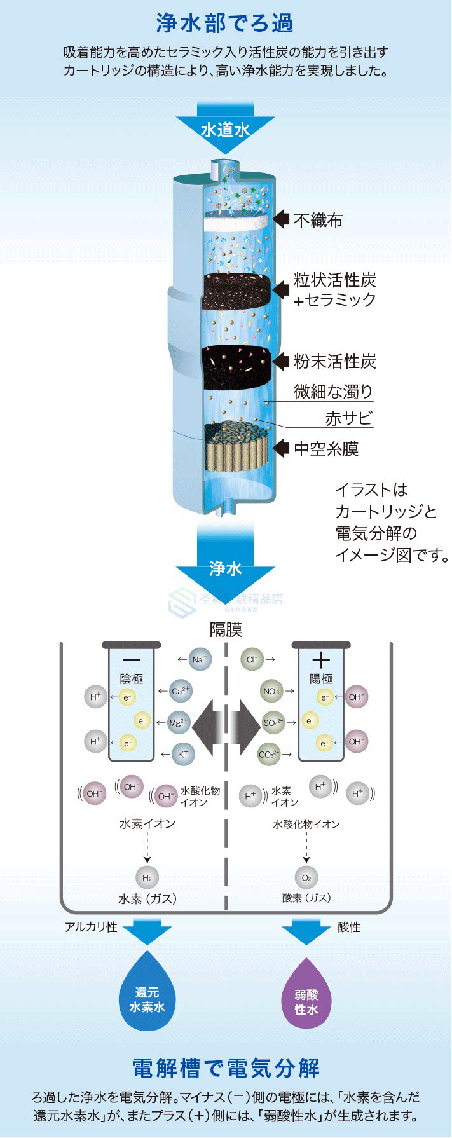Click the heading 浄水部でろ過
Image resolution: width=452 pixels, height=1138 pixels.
225,24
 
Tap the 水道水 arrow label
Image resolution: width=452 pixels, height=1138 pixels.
225,130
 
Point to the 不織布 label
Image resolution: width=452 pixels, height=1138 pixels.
318,221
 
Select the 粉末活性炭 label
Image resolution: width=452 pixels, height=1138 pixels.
335,362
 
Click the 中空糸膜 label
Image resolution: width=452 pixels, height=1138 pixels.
326,449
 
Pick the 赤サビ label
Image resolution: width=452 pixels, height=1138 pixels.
349,418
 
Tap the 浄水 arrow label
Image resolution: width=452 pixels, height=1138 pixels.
226,568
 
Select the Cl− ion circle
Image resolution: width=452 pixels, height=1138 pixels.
252,659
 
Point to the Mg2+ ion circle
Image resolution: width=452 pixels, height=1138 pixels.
179,722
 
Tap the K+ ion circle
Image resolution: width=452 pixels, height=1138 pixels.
183,754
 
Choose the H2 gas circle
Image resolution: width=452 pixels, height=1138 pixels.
147,878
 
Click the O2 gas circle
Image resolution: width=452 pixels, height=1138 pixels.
306,878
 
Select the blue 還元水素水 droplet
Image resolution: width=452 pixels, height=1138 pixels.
147,995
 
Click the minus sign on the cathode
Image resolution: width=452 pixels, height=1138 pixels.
131,660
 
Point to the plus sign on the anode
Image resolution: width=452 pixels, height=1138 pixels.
321,660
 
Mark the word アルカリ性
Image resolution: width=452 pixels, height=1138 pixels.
91,927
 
